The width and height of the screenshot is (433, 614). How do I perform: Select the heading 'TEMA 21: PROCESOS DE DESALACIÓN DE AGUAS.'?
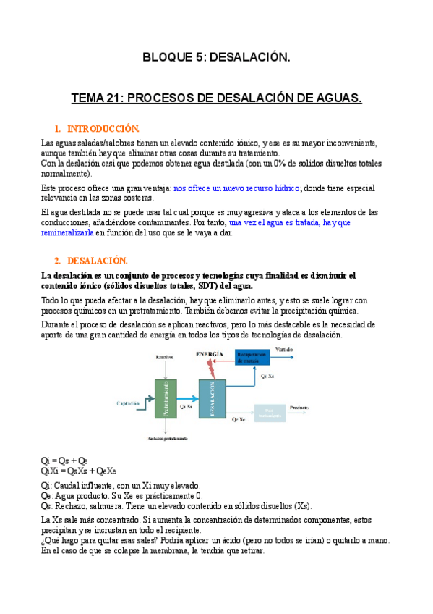pos(216,97)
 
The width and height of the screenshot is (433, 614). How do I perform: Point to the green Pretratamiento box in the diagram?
pos(166,398)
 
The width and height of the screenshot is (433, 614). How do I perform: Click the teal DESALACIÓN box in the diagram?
pos(211,398)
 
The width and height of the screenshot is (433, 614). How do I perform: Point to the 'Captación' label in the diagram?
pos(128,402)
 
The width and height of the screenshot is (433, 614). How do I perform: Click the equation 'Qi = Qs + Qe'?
pos(65,460)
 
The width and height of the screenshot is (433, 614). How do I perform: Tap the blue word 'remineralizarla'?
pos(68,233)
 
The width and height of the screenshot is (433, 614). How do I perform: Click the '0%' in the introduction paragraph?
pos(280,164)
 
